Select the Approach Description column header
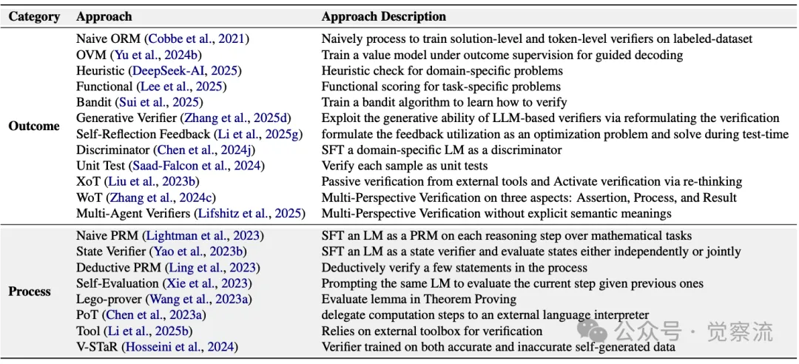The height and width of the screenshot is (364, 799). pos(383,16)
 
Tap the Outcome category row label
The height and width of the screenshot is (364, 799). pos(33,126)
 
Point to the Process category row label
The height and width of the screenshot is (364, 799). pos(30,291)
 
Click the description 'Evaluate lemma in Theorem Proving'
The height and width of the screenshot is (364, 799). pos(418,300)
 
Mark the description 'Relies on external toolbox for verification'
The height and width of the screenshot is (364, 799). pos(433,331)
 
